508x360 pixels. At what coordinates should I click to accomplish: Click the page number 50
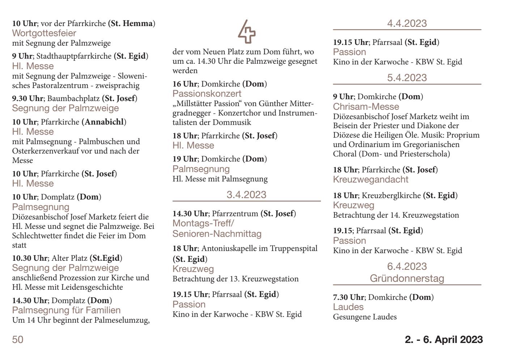18,340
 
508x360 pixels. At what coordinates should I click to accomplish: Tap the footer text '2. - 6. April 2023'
444,340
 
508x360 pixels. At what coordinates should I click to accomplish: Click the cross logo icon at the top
246,32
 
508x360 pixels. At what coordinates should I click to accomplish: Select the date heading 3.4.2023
246,195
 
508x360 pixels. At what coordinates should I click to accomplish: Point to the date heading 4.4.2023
407,24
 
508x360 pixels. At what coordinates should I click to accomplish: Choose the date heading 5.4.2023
407,78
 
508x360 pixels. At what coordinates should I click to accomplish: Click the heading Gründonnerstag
407,279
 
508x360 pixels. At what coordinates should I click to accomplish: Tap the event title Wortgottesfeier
44,33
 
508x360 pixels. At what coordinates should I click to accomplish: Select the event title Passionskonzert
207,94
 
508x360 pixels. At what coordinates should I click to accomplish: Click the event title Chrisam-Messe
366,107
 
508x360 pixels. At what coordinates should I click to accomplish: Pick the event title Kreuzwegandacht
371,180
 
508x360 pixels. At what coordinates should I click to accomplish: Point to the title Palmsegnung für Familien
67,310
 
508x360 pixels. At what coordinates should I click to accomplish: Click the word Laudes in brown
348,307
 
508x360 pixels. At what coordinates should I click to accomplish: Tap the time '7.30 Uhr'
348,297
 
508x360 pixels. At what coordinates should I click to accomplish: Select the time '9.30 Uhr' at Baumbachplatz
27,99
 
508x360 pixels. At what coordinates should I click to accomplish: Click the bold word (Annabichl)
104,122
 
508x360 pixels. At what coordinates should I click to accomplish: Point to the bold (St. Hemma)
132,24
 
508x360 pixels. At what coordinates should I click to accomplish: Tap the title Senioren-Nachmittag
217,234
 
